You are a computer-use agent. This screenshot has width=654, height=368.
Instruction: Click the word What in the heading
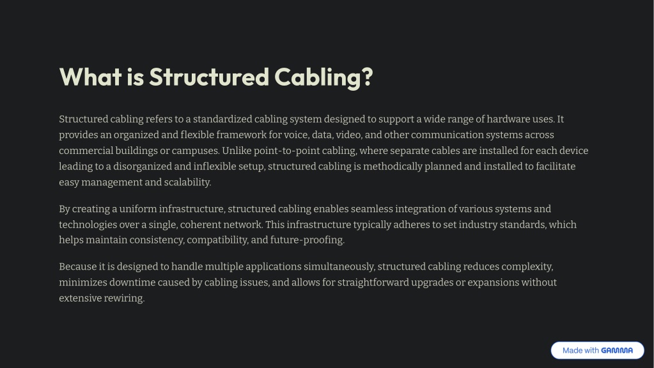point(91,77)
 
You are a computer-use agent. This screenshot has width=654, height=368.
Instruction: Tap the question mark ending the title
point(367,77)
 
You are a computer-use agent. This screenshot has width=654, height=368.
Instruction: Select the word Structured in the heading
point(209,77)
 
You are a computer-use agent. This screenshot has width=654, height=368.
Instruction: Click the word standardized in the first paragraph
point(222,119)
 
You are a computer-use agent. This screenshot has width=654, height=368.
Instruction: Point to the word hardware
point(508,119)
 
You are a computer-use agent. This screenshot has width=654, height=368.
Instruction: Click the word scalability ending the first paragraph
point(187,183)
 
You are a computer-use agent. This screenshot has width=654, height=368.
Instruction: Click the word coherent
point(200,225)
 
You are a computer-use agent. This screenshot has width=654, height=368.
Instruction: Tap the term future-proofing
point(307,240)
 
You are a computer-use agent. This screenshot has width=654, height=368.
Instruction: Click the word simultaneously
point(339,266)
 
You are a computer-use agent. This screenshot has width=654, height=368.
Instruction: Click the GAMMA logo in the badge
point(617,351)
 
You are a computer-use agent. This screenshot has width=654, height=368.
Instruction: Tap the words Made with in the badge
point(580,351)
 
